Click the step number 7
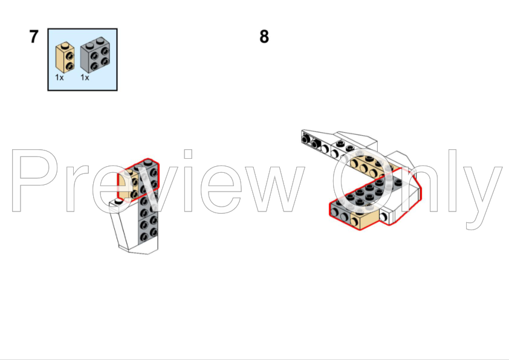(34, 37)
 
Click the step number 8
(264, 37)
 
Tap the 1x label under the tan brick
(59, 77)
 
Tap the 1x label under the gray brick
(85, 77)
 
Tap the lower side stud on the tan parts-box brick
(69, 64)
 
